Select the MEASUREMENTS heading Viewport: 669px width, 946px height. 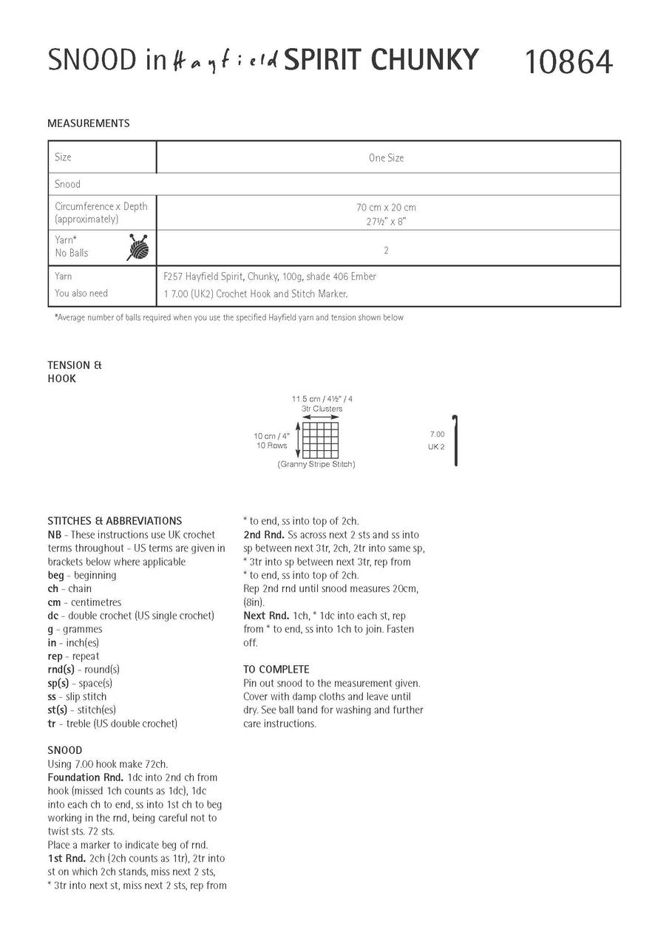click(x=88, y=123)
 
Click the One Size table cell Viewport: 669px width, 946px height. click(x=387, y=158)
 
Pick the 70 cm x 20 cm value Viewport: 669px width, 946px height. click(x=387, y=208)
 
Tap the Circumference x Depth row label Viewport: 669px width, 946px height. click(x=101, y=207)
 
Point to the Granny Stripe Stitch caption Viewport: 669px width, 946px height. click(x=316, y=464)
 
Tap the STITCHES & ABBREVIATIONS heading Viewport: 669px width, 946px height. click(x=115, y=521)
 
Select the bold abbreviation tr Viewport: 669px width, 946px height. click(x=52, y=724)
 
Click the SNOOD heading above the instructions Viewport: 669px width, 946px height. click(x=65, y=750)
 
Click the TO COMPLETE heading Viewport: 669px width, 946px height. click(x=276, y=670)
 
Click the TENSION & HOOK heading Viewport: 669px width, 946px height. click(x=74, y=372)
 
